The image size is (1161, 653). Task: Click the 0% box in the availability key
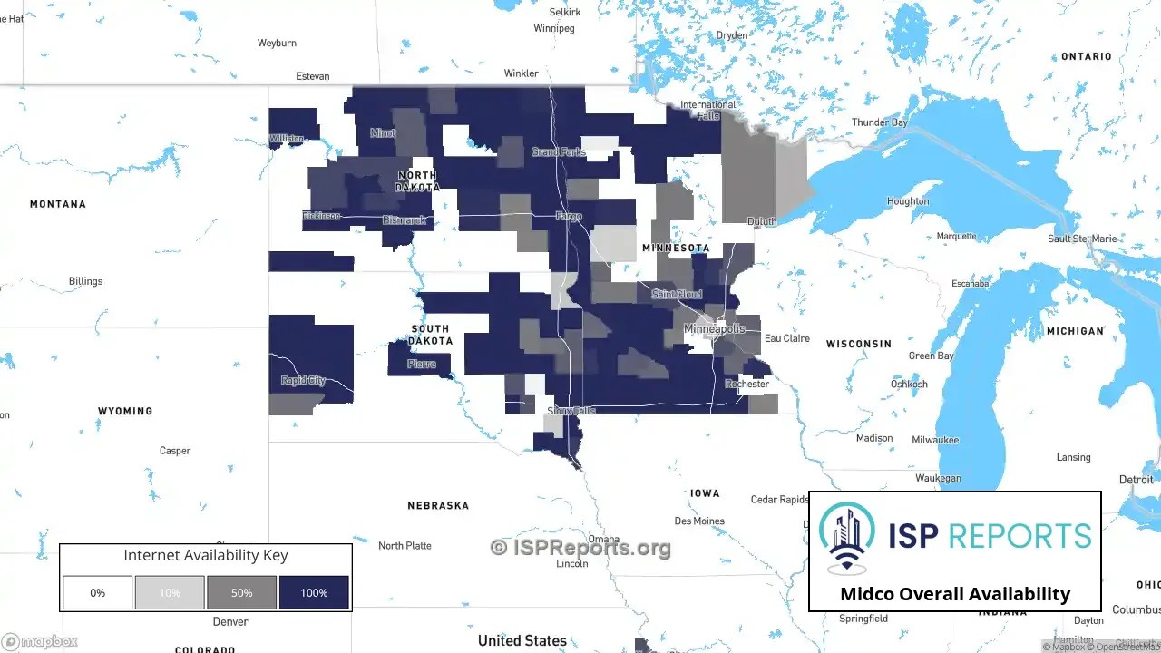(97, 592)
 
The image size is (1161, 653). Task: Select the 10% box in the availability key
(170, 592)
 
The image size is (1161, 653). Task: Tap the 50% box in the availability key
(241, 592)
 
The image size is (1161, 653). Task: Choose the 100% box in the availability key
(314, 592)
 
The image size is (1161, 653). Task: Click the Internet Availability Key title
(206, 555)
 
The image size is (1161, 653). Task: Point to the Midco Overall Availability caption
(955, 594)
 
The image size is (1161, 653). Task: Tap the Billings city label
(86, 281)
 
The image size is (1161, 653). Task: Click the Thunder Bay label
(879, 122)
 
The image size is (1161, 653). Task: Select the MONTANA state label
(58, 204)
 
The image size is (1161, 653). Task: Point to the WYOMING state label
(125, 411)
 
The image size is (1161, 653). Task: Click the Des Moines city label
(699, 521)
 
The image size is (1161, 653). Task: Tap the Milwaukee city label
(935, 440)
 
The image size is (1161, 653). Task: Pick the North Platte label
(405, 545)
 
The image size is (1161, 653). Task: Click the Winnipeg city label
(554, 28)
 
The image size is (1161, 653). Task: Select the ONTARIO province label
(1086, 56)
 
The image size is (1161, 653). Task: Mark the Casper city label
(175, 451)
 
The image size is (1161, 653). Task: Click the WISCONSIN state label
(858, 344)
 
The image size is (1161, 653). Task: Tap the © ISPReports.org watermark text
(580, 547)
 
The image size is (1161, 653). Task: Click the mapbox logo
(40, 641)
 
